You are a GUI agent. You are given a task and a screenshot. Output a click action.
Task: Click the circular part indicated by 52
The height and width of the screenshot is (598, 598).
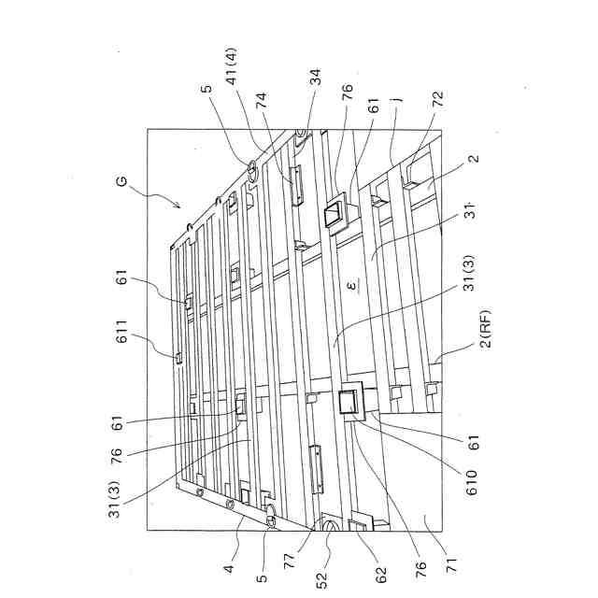pyautogui.click(x=331, y=528)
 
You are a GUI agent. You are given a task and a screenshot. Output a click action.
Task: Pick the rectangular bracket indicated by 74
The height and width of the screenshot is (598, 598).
pyautogui.click(x=296, y=184)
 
